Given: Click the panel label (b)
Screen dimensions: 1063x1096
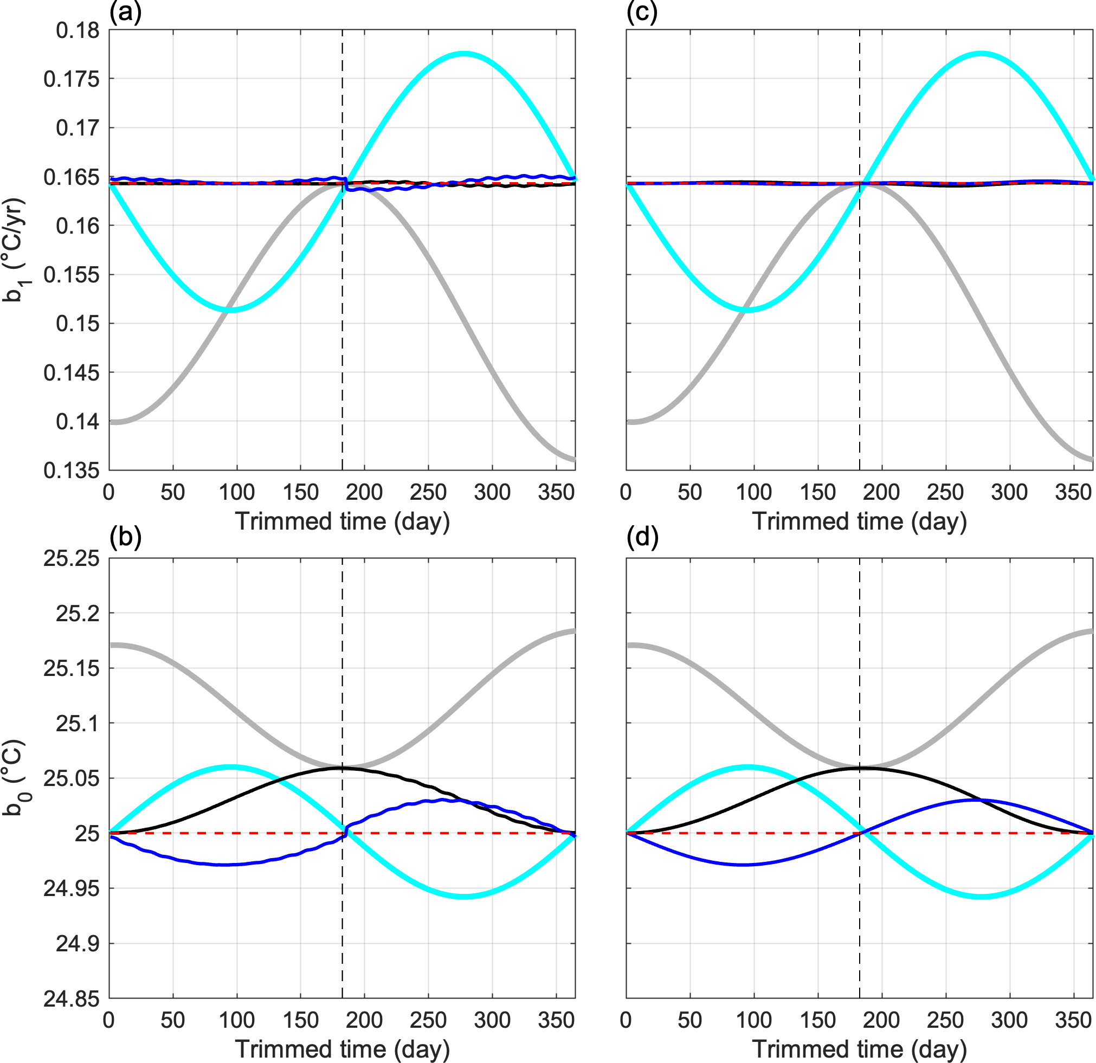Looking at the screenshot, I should pyautogui.click(x=125, y=537).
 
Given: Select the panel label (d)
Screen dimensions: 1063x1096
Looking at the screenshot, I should pyautogui.click(x=642, y=537).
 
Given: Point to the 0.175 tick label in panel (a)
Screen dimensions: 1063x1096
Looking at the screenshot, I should pyautogui.click(x=72, y=79).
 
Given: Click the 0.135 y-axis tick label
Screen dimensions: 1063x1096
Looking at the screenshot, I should pyautogui.click(x=72, y=471).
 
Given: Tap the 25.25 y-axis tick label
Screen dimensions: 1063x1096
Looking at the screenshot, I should pyautogui.click(x=72, y=558).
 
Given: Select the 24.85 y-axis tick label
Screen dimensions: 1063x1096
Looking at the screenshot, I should pyautogui.click(x=72, y=998).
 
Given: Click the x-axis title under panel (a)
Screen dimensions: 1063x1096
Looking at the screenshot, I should pyautogui.click(x=342, y=521).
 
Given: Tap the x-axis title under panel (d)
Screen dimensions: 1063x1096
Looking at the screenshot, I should pyautogui.click(x=860, y=1049).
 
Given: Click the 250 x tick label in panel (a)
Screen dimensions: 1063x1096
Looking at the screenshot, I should pyautogui.click(x=428, y=493).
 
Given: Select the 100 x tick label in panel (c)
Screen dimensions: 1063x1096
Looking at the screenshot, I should pyautogui.click(x=754, y=493).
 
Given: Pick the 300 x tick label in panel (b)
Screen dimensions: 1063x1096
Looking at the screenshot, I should pyautogui.click(x=492, y=1021).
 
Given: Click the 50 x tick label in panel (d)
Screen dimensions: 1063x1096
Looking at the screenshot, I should pyautogui.click(x=689, y=1021).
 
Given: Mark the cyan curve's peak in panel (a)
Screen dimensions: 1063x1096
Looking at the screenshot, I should pyautogui.click(x=463, y=54).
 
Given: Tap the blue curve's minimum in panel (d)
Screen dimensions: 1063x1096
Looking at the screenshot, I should pyautogui.click(x=743, y=865).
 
